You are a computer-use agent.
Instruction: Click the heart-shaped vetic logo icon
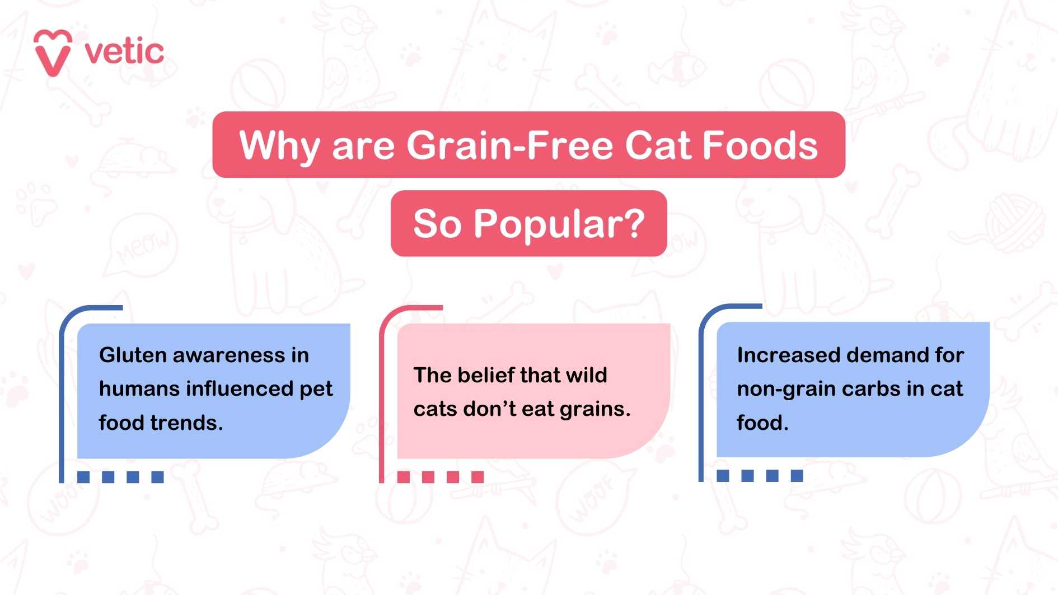53,52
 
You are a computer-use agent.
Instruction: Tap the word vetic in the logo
124,52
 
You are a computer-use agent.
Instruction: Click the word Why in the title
279,146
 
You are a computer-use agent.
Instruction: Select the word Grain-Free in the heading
510,145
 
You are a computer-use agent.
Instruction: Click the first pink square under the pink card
404,477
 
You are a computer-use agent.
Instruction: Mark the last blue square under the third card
797,476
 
